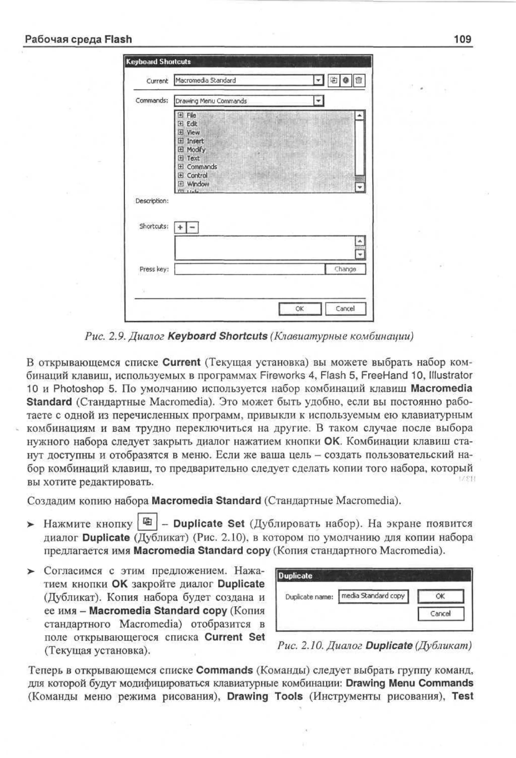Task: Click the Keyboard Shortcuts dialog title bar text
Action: click(158, 62)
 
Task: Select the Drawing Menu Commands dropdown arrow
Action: click(318, 101)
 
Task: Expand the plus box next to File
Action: click(180, 115)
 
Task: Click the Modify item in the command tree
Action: click(196, 149)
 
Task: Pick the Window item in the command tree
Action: click(198, 184)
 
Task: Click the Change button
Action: click(345, 269)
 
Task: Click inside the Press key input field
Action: click(249, 269)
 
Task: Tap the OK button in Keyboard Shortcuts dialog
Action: click(300, 309)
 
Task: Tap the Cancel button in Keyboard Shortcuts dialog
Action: click(345, 309)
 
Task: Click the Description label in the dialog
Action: click(152, 201)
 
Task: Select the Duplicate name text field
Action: click(373, 596)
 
